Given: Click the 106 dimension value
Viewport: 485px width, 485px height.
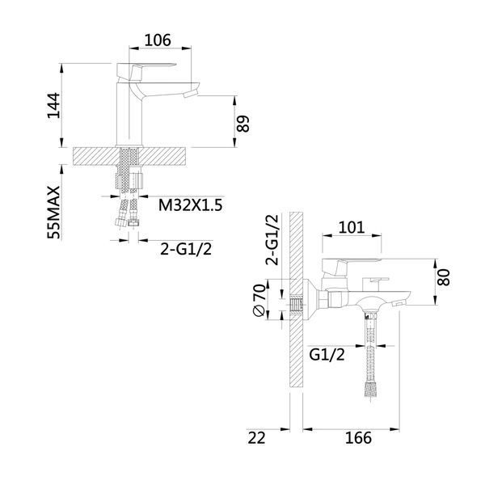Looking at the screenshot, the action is [x=158, y=40].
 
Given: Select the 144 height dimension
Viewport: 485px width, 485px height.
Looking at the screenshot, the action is [x=53, y=105].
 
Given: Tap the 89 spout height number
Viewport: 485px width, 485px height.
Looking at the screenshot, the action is [x=243, y=124].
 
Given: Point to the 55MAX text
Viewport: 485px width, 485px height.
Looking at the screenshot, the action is [x=53, y=213].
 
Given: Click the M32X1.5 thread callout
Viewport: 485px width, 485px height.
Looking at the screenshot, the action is [x=190, y=205].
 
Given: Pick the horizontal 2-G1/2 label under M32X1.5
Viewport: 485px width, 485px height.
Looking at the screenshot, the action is [x=186, y=249].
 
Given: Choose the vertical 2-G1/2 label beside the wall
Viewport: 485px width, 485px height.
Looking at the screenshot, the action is [x=272, y=240].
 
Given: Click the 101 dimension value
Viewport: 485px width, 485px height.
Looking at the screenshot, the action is [x=352, y=227].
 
